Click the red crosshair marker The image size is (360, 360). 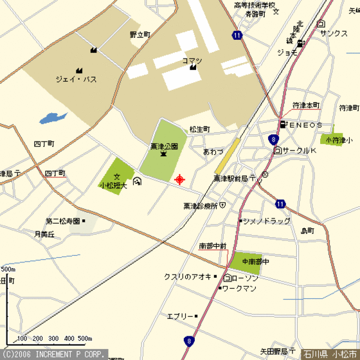pos(179,179)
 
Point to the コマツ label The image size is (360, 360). pos(192,61)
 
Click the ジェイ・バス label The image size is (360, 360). pos(76,80)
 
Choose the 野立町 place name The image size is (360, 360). pos(139,34)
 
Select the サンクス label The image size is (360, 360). pos(334,33)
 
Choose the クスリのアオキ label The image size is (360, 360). pos(188,276)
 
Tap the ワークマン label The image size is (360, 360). pos(240,289)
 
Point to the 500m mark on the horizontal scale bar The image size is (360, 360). pos(85,338)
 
